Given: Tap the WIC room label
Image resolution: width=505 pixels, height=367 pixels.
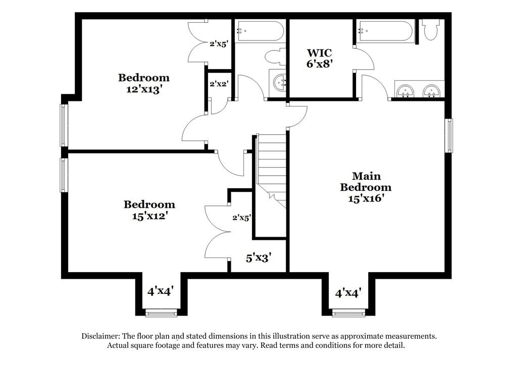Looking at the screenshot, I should point(320,53).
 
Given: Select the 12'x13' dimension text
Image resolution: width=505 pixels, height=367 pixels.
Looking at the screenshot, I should point(144,89).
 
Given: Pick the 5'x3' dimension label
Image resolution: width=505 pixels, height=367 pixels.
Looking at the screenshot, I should point(259,258).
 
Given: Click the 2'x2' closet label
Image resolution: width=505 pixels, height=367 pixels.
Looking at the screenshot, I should point(220,84).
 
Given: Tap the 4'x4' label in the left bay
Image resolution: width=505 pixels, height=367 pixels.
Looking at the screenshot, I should point(161,291).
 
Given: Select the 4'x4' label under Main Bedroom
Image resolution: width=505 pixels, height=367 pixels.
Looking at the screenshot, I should point(348,292).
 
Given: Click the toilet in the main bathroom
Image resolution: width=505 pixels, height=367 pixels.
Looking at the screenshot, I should point(431,30).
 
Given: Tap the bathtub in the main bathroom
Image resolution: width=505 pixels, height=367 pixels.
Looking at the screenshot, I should point(385,31).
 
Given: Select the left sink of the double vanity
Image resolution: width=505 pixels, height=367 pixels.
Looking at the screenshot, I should point(406,91).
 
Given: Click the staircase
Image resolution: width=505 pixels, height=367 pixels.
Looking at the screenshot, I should point(272,167).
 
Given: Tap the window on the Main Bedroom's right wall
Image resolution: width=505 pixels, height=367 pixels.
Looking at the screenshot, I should point(448,135).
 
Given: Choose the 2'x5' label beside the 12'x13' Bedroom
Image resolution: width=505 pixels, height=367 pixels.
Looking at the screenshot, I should point(220,44).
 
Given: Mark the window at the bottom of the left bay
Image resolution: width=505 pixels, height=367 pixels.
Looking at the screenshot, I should point(161,314).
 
